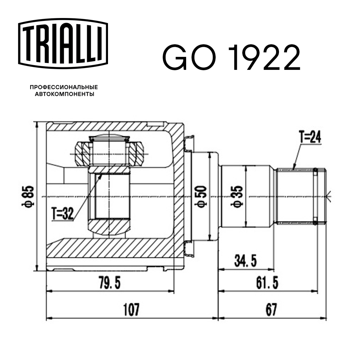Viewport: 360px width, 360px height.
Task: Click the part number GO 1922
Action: (x=231, y=58)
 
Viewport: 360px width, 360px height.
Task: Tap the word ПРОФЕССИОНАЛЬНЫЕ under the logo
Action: (x=64, y=87)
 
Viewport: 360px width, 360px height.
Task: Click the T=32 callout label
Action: (x=62, y=214)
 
